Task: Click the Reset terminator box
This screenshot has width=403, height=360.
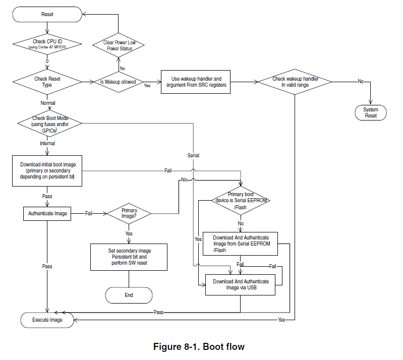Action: (47, 15)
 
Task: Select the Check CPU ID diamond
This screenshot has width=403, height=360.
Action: (47, 44)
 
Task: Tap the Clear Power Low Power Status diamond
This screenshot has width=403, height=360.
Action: (118, 45)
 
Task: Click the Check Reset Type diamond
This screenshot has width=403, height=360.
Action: (47, 82)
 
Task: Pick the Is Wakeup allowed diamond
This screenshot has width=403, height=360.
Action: (118, 82)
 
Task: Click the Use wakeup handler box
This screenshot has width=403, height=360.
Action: (196, 82)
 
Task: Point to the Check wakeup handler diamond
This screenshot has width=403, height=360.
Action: (295, 82)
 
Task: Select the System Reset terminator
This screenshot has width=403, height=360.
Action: (371, 112)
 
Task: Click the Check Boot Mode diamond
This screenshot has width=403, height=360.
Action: (49, 124)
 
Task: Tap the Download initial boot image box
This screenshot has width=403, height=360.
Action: (47, 171)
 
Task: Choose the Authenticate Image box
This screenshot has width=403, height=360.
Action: (47, 214)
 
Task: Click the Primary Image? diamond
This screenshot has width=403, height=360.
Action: (129, 214)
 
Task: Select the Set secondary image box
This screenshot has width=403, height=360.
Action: (129, 257)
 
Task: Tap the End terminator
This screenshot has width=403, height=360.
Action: (129, 295)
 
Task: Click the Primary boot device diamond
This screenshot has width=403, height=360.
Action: (241, 201)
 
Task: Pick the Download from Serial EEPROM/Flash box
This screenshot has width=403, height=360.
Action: (240, 244)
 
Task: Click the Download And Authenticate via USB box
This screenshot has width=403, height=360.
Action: (240, 285)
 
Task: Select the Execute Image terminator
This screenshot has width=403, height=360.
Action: (47, 320)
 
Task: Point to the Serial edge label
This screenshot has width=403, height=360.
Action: (193, 155)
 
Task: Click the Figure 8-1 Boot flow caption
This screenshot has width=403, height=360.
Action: (199, 346)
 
